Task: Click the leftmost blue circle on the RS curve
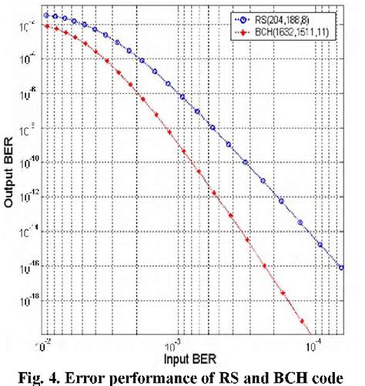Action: point(46,15)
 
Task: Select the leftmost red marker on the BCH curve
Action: point(46,25)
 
